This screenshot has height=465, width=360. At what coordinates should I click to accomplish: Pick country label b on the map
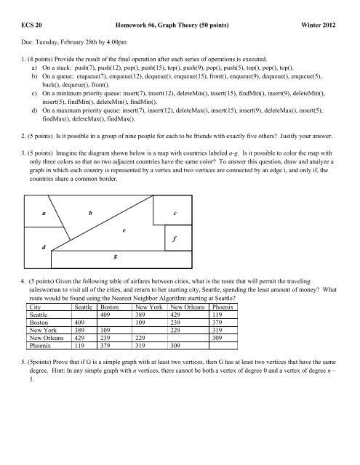[x=89, y=214]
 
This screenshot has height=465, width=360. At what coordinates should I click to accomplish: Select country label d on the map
[x=43, y=247]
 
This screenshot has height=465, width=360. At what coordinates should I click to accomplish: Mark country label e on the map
[x=124, y=230]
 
